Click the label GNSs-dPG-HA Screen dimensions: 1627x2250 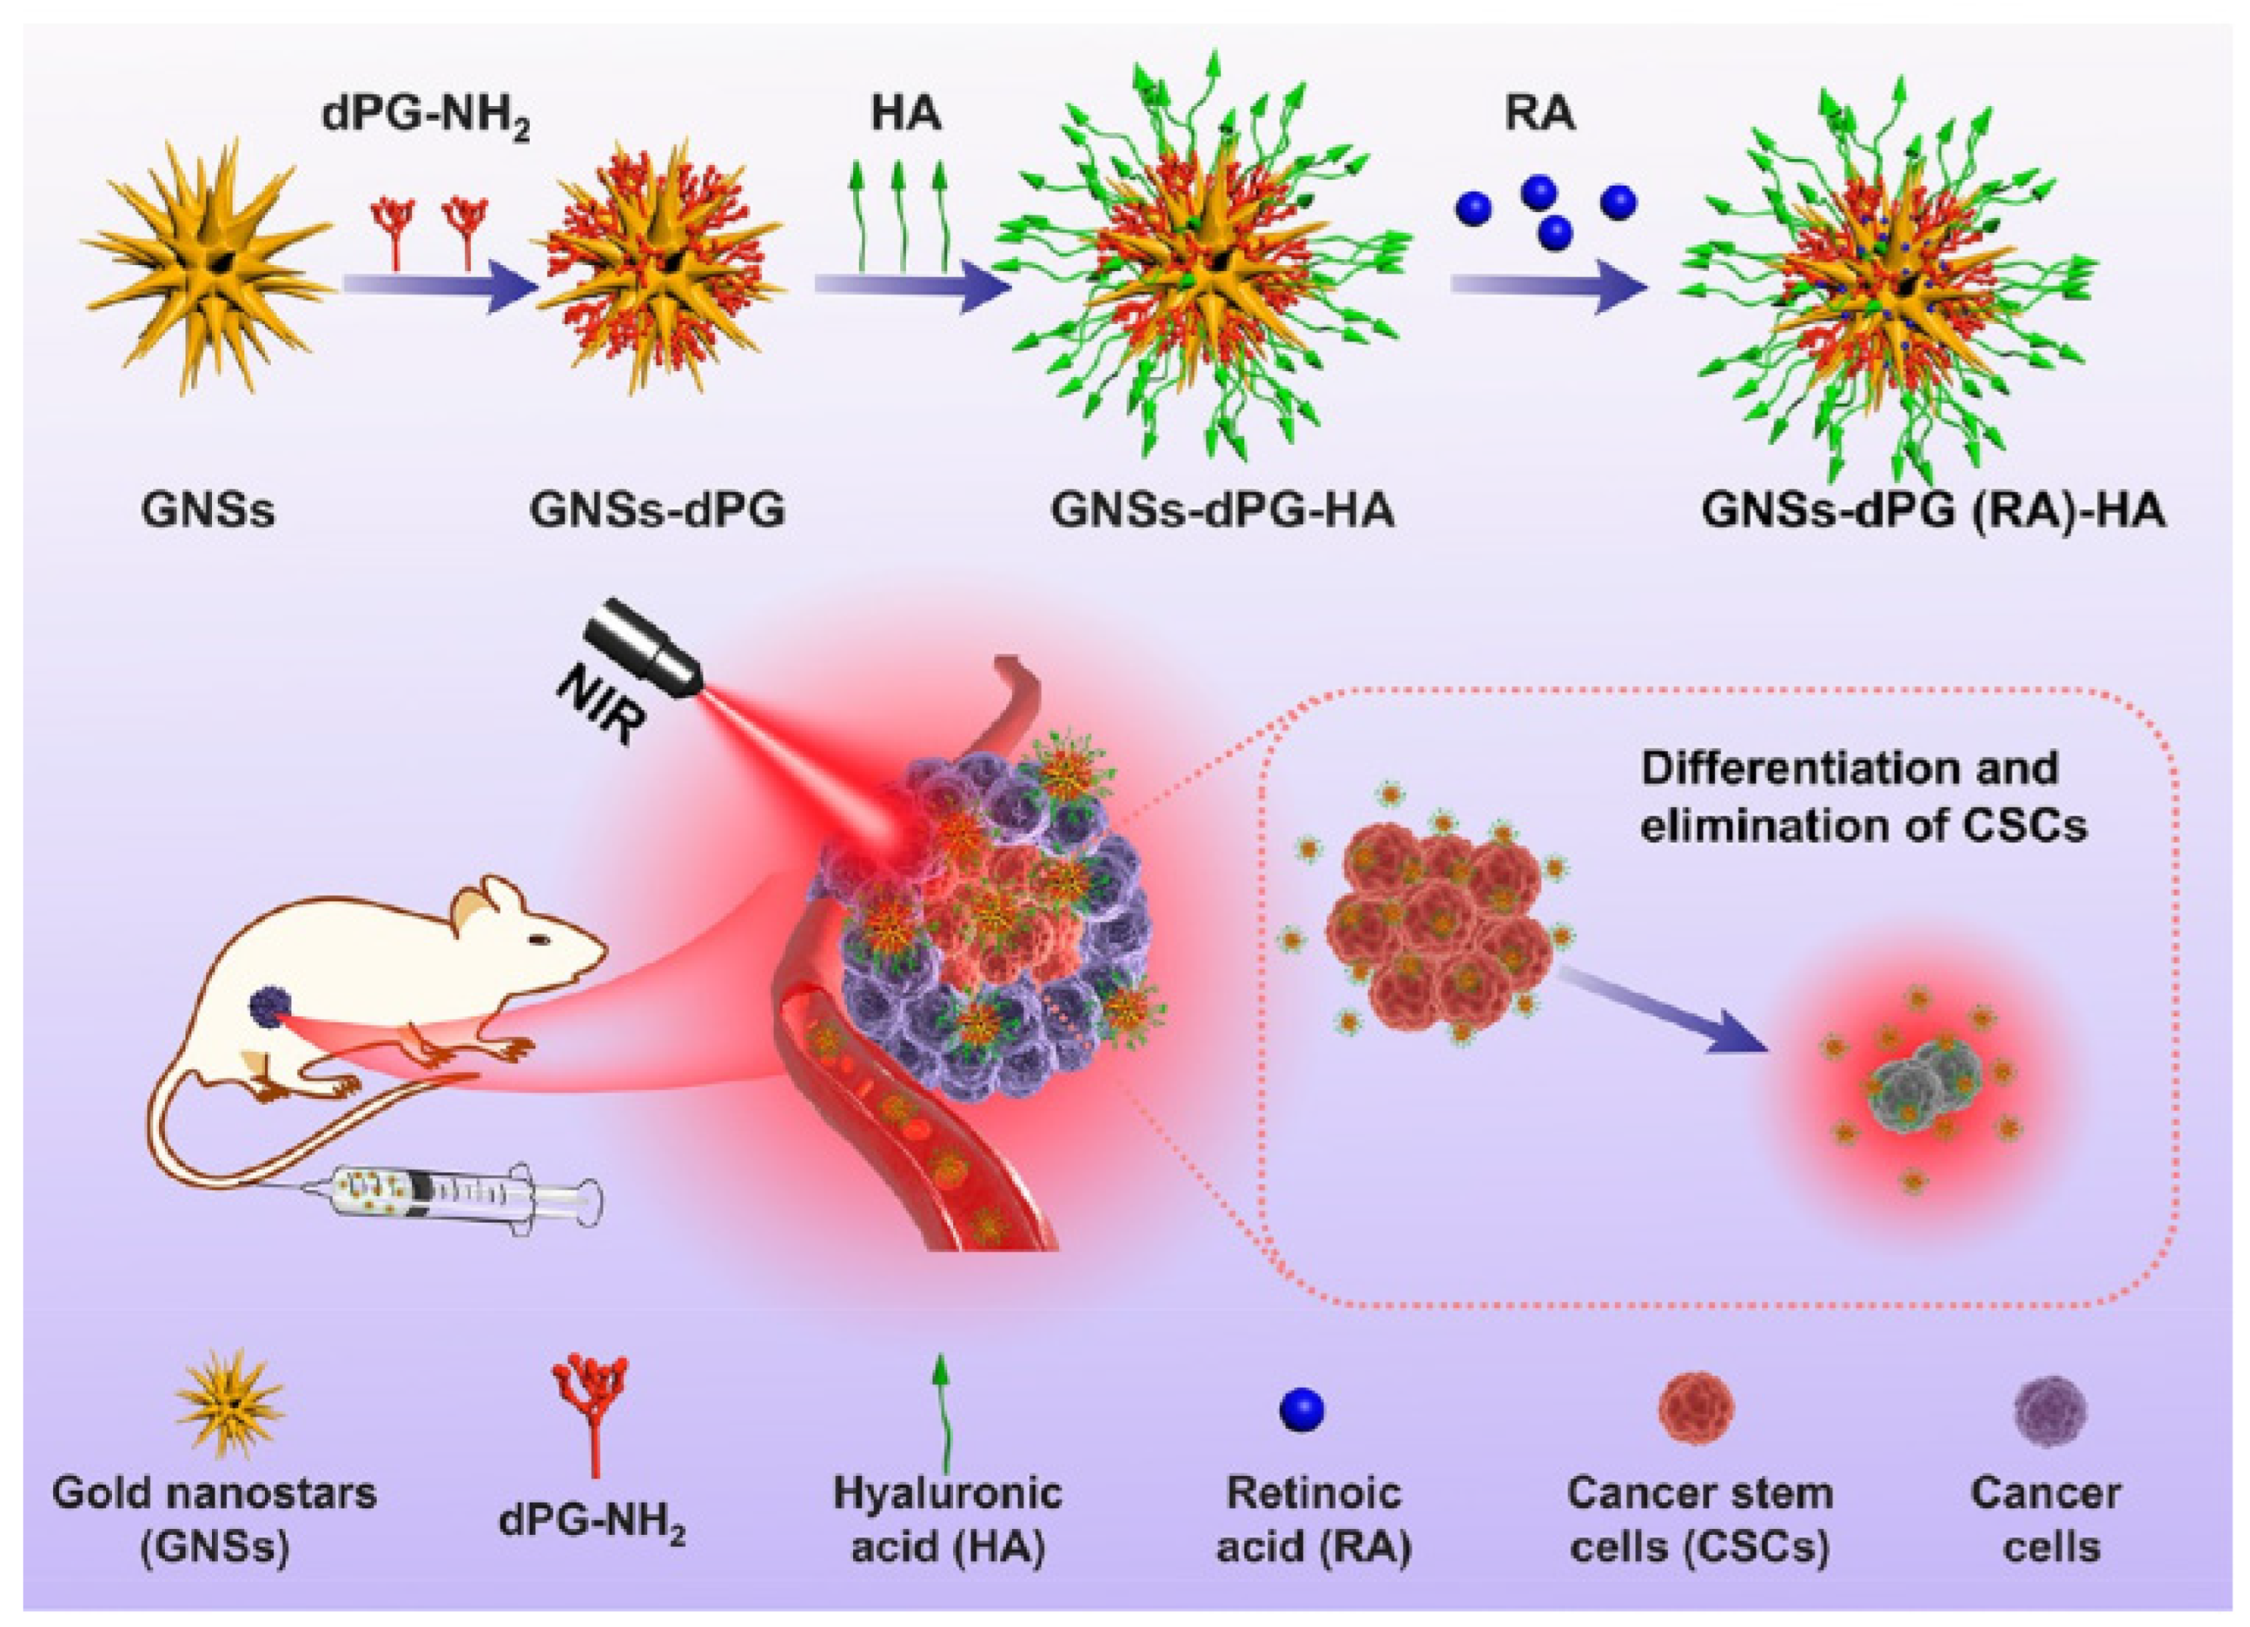[x=1223, y=512]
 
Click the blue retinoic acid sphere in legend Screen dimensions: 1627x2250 [x=1303, y=1409]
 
